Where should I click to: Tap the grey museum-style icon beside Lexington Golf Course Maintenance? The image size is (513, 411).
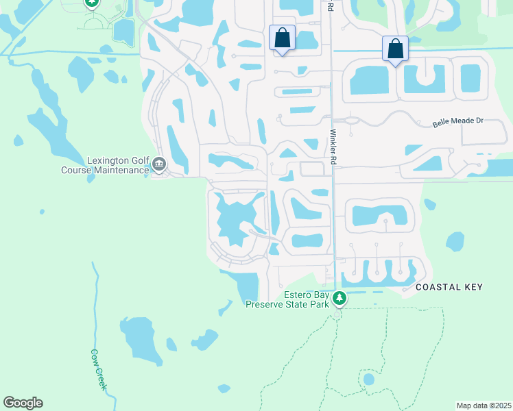click(x=159, y=164)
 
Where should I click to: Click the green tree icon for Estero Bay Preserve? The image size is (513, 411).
click(x=339, y=299)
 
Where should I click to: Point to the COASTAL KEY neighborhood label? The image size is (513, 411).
click(x=449, y=287)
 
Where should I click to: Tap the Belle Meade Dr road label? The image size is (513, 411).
click(x=458, y=122)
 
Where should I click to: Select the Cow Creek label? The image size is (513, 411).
click(x=99, y=370)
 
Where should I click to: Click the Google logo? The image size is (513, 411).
click(x=23, y=403)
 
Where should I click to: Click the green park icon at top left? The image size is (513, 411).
click(x=92, y=3)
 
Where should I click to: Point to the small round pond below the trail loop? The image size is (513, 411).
click(x=369, y=379)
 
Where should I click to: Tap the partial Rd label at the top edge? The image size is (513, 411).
click(x=331, y=6)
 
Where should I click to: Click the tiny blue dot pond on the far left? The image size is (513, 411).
click(x=42, y=212)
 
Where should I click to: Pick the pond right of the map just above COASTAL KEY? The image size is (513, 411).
click(x=454, y=241)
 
